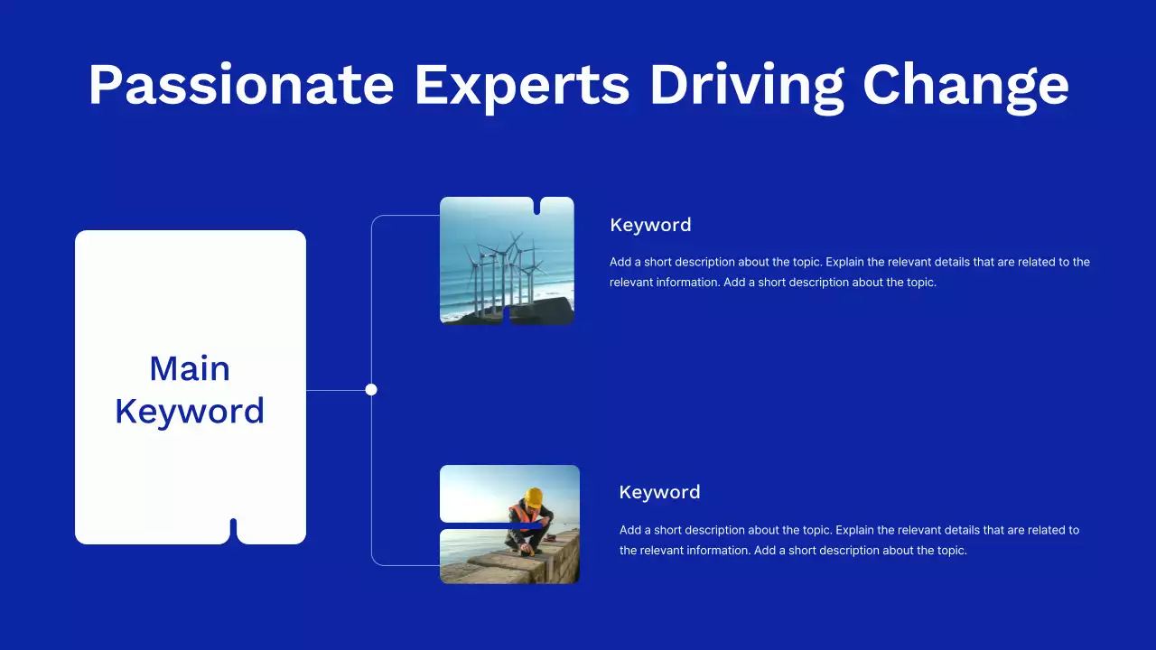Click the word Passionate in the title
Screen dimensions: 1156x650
(x=241, y=86)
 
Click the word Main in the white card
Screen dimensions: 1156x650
(x=190, y=368)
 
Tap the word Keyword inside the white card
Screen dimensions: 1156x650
(x=190, y=412)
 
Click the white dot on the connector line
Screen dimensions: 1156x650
(x=371, y=389)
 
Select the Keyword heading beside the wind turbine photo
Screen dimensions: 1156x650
(x=650, y=225)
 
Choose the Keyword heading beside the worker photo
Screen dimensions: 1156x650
(x=659, y=492)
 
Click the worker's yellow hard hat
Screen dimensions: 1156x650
(x=534, y=497)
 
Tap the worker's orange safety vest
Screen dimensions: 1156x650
(x=522, y=515)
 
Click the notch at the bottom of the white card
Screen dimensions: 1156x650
(x=233, y=531)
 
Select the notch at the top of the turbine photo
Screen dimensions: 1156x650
(x=536, y=206)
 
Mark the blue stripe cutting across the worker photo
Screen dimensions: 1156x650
(x=490, y=525)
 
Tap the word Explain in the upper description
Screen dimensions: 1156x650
(x=844, y=262)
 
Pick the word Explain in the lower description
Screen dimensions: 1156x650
(x=854, y=530)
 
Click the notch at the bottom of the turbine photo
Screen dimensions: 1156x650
(x=507, y=316)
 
